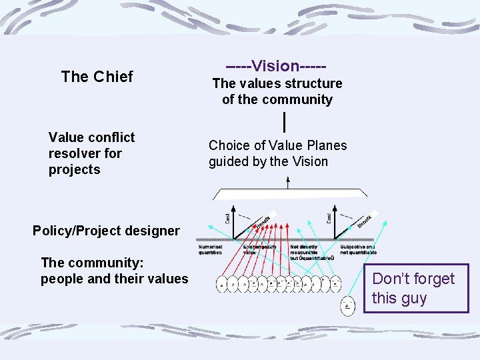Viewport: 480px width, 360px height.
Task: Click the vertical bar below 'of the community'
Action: [x=285, y=122]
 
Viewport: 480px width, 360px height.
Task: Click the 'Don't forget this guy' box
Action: [x=415, y=288]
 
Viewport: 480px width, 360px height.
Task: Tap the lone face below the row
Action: [x=348, y=306]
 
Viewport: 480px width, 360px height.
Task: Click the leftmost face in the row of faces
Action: [x=222, y=284]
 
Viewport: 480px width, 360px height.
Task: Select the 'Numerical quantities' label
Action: [x=211, y=250]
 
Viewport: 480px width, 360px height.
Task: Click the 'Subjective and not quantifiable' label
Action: [x=358, y=250]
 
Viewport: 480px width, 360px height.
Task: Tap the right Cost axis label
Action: [x=330, y=217]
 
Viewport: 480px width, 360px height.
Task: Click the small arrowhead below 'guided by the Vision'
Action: [x=288, y=179]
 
